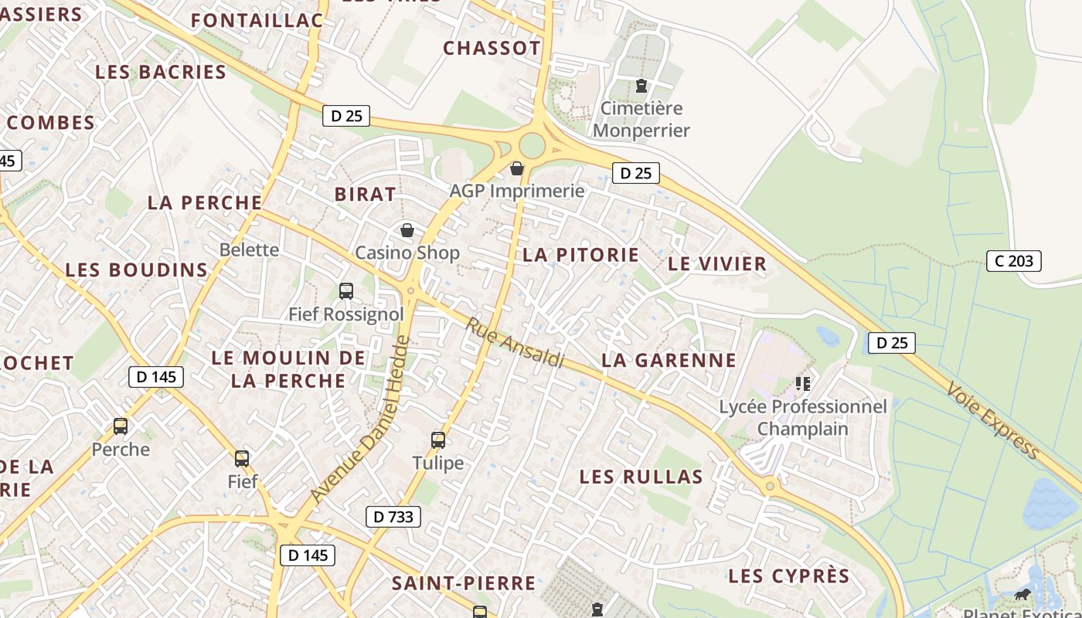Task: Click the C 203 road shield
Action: point(1014,261)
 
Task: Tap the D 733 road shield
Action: point(393,517)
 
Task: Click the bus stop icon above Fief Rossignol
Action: point(346,291)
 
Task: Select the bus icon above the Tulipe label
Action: point(438,440)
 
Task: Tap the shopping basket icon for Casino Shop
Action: point(407,230)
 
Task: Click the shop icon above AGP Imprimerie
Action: point(517,168)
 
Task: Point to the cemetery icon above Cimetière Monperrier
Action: point(641,86)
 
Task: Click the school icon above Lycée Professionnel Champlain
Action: point(803,383)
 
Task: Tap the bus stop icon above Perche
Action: point(121,426)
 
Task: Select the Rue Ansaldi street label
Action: point(514,342)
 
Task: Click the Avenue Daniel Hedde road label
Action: point(358,419)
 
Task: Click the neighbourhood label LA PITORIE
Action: point(580,255)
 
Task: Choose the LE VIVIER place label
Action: point(716,263)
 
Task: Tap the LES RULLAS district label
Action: point(641,477)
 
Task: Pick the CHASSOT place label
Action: point(492,48)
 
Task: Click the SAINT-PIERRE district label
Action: point(463,582)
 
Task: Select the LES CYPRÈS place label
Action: point(788,576)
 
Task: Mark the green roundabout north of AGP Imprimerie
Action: point(532,145)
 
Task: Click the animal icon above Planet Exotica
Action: point(1022,595)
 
